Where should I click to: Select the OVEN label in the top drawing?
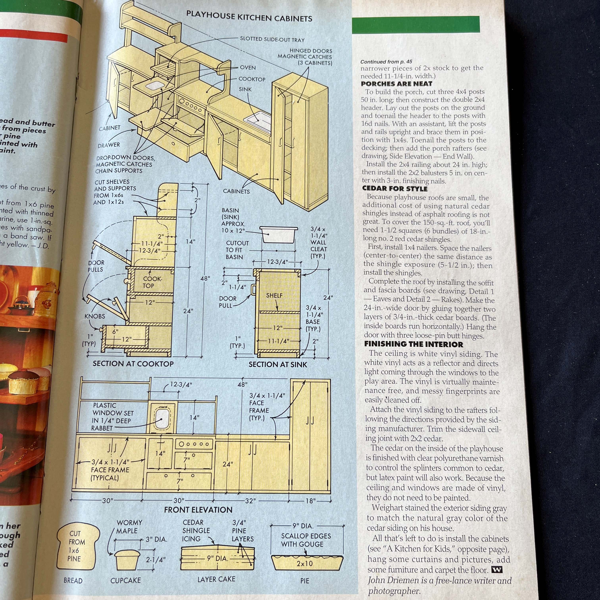coord(248,67)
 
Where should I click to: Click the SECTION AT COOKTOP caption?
coord(133,364)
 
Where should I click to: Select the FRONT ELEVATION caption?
coord(198,510)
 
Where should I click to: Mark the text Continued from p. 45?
coord(386,62)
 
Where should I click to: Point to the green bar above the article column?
coord(415,25)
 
